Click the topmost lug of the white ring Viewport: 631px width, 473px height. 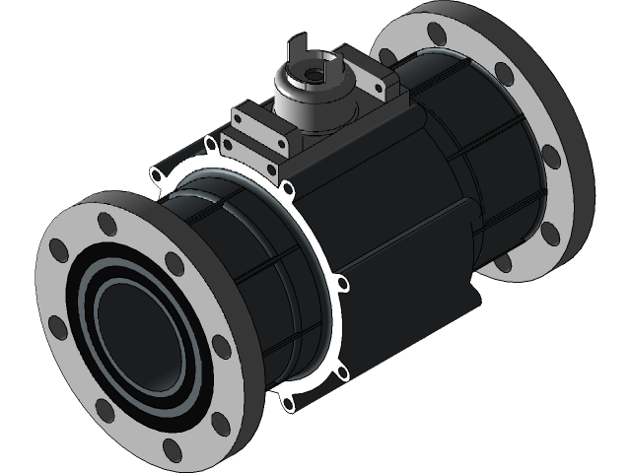[x=210, y=145]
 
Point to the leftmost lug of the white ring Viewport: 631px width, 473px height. [x=156, y=176]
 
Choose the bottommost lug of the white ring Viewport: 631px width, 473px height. [x=287, y=403]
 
